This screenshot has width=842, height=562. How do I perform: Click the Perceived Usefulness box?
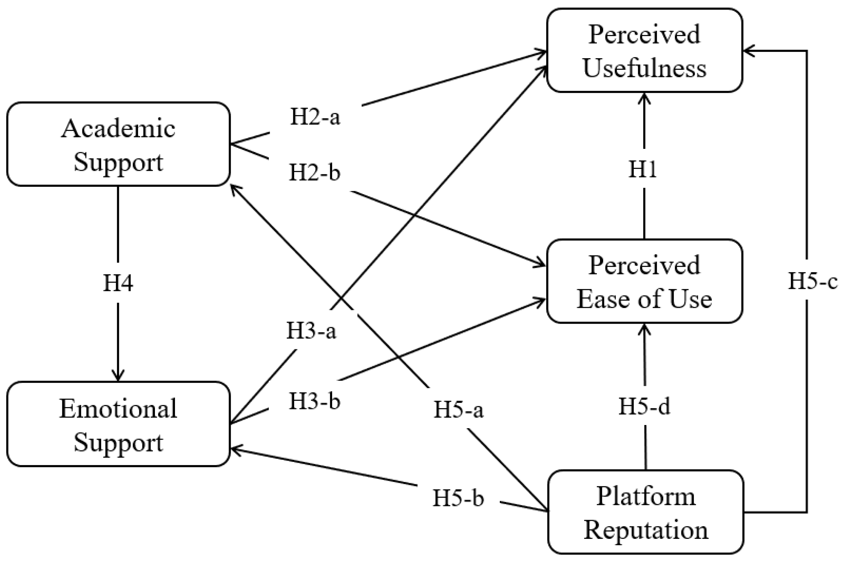pyautogui.click(x=644, y=50)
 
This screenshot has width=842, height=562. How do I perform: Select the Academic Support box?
pyautogui.click(x=118, y=144)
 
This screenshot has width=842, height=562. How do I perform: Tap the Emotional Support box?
pyautogui.click(x=118, y=424)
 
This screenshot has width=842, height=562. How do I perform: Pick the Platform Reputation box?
pyautogui.click(x=646, y=512)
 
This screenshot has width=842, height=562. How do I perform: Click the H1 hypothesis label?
pyautogui.click(x=643, y=169)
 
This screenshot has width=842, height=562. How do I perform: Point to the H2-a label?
pyautogui.click(x=315, y=117)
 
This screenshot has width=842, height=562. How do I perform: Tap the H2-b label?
pyautogui.click(x=315, y=173)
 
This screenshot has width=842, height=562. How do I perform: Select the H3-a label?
pyautogui.click(x=311, y=331)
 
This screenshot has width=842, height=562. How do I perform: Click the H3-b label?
pyautogui.click(x=315, y=401)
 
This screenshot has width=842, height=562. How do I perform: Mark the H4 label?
pyautogui.click(x=118, y=283)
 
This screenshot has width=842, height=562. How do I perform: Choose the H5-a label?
pyautogui.click(x=459, y=410)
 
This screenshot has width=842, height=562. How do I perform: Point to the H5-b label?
pyautogui.click(x=459, y=498)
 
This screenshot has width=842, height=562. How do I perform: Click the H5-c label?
pyautogui.click(x=813, y=281)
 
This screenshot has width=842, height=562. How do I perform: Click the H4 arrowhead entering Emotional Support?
pyautogui.click(x=118, y=376)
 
